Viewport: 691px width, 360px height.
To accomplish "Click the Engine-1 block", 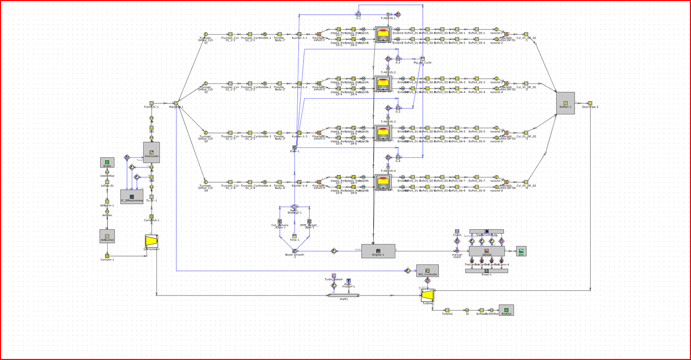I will [378, 250].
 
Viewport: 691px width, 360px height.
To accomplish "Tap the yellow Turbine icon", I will [427, 296].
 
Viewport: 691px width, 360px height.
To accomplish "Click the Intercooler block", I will [151, 152].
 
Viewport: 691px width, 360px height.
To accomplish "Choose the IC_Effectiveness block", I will [131, 196].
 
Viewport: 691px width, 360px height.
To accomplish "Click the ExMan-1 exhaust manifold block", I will [566, 103].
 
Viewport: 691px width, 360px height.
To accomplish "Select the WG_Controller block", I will [427, 270].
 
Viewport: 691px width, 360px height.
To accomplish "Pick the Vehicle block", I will [487, 251].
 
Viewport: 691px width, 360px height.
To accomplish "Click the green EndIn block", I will [107, 163].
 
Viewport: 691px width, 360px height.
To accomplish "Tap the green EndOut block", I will [506, 310].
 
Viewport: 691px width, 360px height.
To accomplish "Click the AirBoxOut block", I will [107, 236].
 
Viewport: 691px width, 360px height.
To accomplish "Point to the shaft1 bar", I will [344, 295].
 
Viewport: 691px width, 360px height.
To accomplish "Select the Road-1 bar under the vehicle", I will [487, 271].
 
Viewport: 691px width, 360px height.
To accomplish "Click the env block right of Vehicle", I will [521, 251].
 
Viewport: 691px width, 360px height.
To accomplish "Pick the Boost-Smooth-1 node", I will [295, 251].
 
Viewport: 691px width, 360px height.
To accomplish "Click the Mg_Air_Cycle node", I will [422, 59].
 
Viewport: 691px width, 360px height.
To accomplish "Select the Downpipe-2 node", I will [590, 103].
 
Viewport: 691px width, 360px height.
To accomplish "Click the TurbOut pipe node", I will [447, 310].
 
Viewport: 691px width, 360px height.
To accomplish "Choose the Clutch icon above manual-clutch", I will [457, 231].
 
